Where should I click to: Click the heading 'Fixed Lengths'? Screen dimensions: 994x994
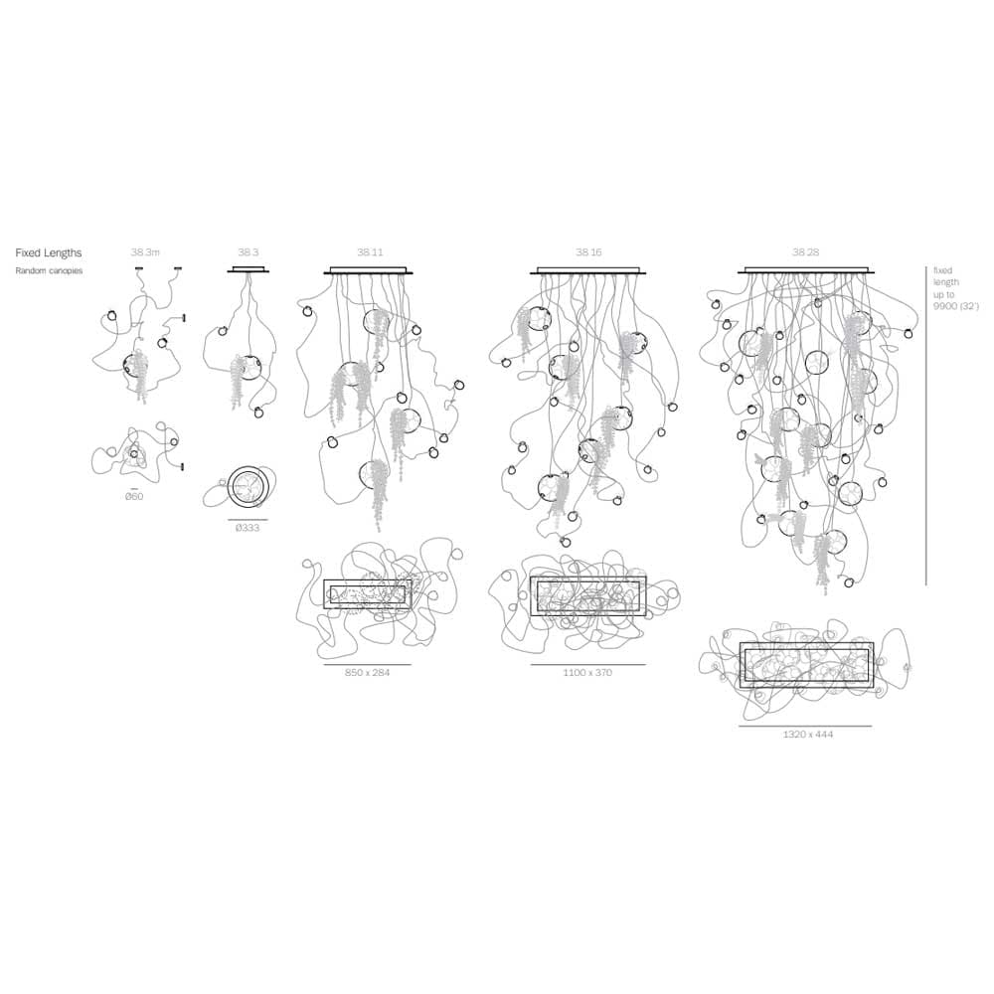click(48, 252)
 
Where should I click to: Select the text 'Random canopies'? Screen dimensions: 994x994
click(49, 270)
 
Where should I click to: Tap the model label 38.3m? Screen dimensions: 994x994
click(145, 252)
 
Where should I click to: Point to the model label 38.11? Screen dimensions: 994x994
click(370, 252)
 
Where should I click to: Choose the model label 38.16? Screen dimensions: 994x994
click(588, 252)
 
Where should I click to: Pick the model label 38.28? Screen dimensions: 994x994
click(806, 252)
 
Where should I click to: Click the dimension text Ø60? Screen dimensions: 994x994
click(134, 496)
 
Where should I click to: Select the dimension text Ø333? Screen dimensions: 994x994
click(248, 528)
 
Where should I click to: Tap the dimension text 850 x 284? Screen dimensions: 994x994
click(367, 673)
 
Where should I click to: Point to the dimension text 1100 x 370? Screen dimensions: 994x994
click(587, 673)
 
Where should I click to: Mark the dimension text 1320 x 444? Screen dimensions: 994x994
click(808, 735)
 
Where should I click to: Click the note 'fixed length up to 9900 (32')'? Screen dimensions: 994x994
click(955, 288)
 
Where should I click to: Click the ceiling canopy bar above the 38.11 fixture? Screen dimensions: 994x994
click(369, 271)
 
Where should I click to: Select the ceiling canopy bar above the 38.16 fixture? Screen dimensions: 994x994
click(588, 271)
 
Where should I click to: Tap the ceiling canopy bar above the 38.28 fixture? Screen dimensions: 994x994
click(806, 271)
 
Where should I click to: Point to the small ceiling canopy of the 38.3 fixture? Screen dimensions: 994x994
click(248, 270)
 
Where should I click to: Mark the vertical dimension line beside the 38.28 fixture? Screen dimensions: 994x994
click(925, 425)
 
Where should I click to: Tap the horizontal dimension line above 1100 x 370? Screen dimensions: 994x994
click(588, 664)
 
